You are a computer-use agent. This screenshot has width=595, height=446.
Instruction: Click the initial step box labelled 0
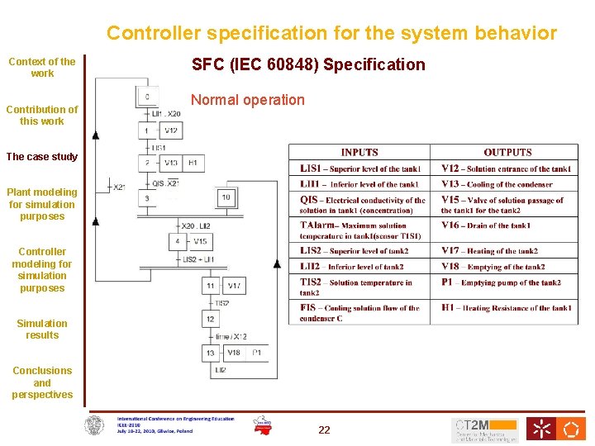point(147,97)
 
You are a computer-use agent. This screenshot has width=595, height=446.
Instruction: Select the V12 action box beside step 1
point(170,130)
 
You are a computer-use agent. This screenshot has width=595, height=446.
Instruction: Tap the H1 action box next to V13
point(193,164)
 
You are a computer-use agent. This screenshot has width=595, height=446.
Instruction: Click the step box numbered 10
point(226,197)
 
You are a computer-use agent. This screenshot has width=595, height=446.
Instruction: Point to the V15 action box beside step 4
point(200,242)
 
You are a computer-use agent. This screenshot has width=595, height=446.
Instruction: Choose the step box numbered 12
point(211,319)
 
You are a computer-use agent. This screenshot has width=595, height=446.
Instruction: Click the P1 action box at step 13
point(257,353)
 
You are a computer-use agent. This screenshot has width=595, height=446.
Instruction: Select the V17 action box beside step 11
point(235,286)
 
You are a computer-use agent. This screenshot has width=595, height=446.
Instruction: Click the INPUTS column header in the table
point(359,153)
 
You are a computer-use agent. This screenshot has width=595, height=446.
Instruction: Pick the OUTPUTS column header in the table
point(507,153)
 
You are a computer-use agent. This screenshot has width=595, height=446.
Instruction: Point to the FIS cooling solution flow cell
point(359,313)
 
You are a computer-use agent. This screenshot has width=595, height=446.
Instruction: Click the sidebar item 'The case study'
point(41,157)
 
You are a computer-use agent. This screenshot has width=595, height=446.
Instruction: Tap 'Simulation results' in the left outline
point(42,330)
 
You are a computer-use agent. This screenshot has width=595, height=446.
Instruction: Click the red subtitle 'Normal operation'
point(248,100)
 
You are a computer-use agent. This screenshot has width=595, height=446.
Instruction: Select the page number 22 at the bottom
point(324,429)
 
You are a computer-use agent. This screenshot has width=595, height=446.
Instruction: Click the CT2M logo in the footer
point(484,429)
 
